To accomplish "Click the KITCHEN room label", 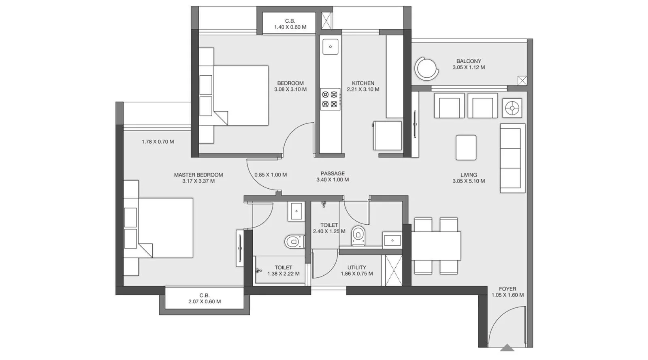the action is [x=363, y=83].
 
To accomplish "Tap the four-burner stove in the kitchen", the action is [x=330, y=99].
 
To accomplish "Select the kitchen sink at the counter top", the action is [x=330, y=47].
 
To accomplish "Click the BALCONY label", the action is [x=469, y=61].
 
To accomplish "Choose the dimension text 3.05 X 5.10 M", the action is [x=469, y=181].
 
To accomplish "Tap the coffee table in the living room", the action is [x=466, y=147].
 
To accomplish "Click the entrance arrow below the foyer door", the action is [x=507, y=347].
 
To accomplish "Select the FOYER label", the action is [x=507, y=289].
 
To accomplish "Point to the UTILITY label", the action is [x=357, y=268].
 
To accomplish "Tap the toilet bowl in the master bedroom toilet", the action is [x=294, y=241].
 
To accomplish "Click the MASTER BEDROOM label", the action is [x=198, y=175].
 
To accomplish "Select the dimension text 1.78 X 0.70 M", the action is [x=158, y=142].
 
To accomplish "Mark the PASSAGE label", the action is [x=333, y=173].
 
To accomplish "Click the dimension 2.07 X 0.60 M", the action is [x=205, y=302].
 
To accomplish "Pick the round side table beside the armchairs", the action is [x=512, y=108].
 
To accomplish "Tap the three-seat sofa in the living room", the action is [x=513, y=158].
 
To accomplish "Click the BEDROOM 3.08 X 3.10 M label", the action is [x=290, y=86].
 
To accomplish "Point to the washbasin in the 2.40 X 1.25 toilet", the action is [x=392, y=240].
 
